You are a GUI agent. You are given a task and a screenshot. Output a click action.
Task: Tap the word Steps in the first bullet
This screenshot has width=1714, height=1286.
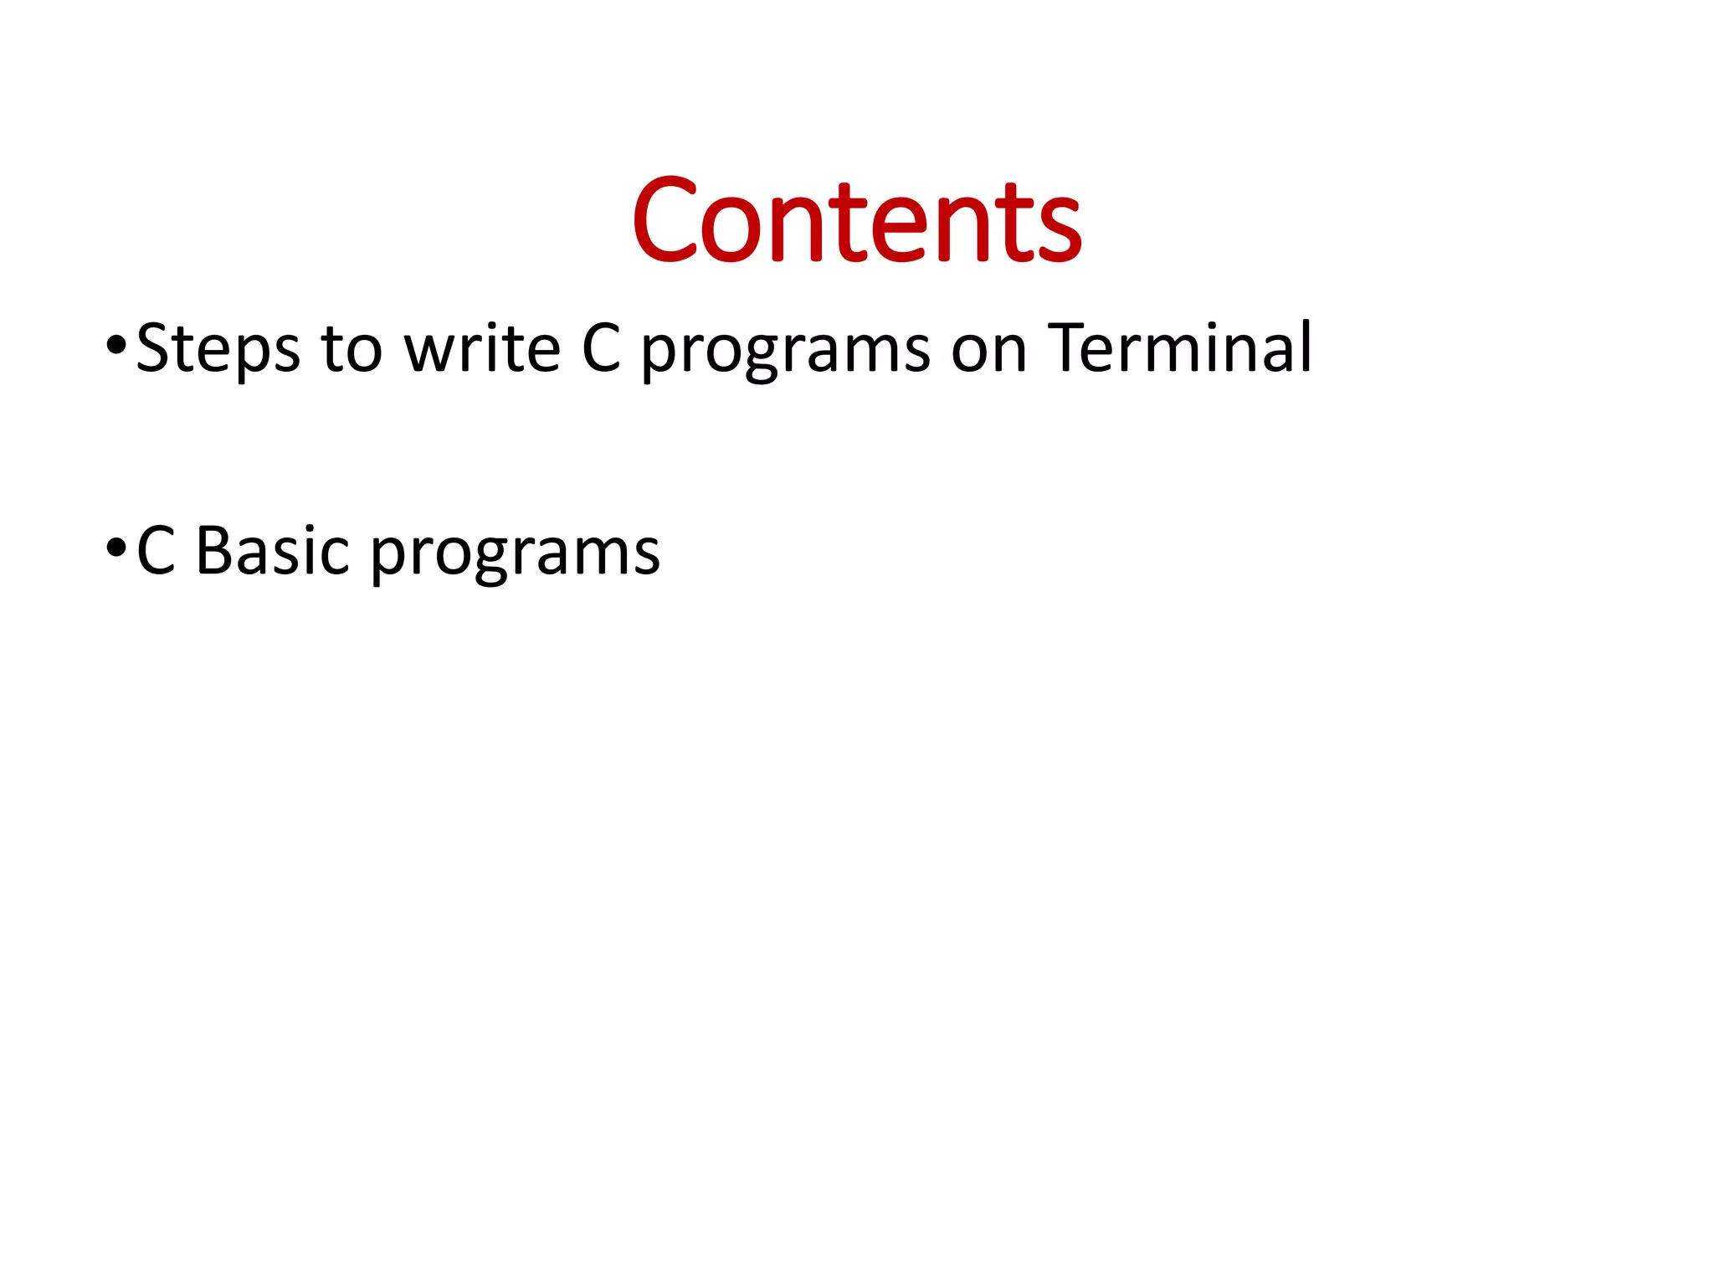[218, 348]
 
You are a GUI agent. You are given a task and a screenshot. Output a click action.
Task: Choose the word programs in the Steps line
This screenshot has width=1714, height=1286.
[785, 352]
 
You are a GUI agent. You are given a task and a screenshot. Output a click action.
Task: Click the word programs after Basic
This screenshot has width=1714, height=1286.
[515, 556]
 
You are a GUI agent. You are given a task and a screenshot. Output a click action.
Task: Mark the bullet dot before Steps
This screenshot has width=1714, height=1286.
[116, 345]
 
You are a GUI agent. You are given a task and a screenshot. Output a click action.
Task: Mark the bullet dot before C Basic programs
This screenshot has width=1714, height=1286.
[116, 548]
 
